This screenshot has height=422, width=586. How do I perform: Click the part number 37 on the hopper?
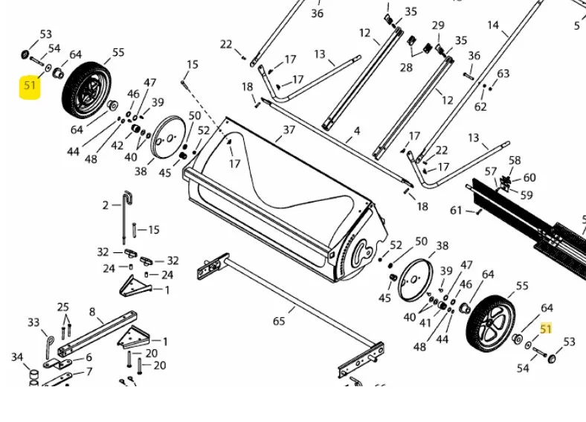(x=289, y=130)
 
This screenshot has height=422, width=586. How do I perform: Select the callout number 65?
(x=279, y=322)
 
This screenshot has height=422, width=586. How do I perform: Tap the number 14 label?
(x=493, y=25)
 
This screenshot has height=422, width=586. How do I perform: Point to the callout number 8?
(x=91, y=312)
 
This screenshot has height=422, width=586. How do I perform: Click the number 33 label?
(x=33, y=322)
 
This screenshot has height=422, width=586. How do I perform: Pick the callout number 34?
(x=17, y=357)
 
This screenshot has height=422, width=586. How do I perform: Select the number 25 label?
(x=63, y=307)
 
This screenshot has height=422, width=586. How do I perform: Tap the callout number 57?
(x=490, y=171)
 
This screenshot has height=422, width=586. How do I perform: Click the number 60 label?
(x=529, y=178)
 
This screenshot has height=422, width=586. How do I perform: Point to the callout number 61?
(x=457, y=211)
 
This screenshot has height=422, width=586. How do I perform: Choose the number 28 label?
(x=406, y=68)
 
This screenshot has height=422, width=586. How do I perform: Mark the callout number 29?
(x=438, y=25)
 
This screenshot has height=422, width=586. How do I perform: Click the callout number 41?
(x=425, y=322)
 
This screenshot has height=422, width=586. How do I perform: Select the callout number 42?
(x=117, y=145)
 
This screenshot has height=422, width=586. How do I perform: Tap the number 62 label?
(x=480, y=107)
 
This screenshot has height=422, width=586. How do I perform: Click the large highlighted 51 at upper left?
(x=30, y=86)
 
